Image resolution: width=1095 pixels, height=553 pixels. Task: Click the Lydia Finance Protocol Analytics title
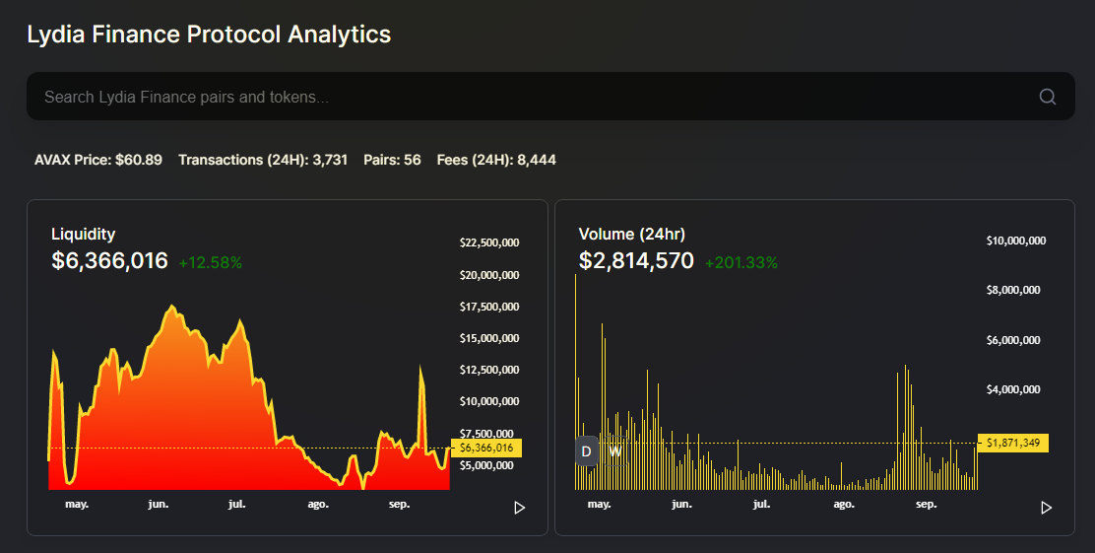coord(209,35)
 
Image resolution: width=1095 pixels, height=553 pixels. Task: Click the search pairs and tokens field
coord(532,97)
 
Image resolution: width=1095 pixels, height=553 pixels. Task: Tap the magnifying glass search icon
coord(1047,97)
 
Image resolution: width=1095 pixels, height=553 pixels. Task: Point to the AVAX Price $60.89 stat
coord(98,160)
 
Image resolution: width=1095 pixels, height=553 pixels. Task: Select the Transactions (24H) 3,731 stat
coord(263,160)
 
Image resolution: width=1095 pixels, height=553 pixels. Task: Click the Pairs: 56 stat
coord(392,160)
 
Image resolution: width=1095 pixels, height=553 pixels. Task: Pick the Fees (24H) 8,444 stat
coord(496,160)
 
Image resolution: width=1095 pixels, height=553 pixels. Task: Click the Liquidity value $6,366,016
coord(109,261)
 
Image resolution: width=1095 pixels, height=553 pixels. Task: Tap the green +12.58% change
coord(210,262)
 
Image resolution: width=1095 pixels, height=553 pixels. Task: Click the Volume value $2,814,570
coord(636,261)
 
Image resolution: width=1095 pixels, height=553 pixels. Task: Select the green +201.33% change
coord(741,262)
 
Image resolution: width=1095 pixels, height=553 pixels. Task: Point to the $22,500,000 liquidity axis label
coord(489,242)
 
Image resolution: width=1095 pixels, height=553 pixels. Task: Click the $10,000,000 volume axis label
coord(1016,241)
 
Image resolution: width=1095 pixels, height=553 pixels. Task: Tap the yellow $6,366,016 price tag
coord(486,448)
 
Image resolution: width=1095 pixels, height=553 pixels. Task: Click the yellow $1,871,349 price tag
coord(1012,444)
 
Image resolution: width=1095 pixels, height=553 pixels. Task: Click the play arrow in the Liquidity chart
coord(520,508)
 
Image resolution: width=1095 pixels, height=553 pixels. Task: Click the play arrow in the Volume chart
coord(1046,508)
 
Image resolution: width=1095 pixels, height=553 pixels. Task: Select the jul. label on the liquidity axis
coord(236,504)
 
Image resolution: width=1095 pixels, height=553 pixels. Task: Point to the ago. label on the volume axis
coord(844,504)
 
